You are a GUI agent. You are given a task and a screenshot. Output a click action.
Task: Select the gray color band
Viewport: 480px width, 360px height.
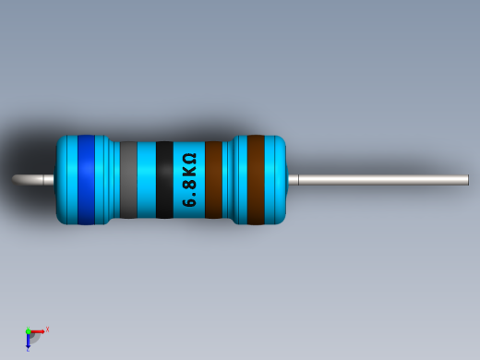pos(128,180)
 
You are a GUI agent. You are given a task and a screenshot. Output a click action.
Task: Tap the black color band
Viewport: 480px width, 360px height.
pos(164,180)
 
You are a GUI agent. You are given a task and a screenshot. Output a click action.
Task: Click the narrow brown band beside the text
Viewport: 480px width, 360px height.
pos(213,180)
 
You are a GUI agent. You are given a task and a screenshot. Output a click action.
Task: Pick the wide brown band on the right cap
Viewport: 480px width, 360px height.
pos(256,180)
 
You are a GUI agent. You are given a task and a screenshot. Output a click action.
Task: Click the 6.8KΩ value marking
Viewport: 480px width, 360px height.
pos(189,180)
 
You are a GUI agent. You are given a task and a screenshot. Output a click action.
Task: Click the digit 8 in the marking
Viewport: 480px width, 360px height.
pos(189,186)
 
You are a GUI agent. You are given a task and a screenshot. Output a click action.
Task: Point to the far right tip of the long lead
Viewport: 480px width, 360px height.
pos(466,180)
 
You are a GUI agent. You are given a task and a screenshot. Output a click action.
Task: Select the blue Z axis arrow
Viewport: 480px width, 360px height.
pos(28,342)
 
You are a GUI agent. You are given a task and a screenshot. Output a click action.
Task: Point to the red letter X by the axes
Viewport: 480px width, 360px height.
pos(47,329)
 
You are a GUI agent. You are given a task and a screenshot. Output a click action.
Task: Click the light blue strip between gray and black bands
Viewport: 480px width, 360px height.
pos(147,180)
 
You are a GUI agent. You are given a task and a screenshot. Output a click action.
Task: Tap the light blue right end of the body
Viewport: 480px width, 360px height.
pos(276,180)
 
